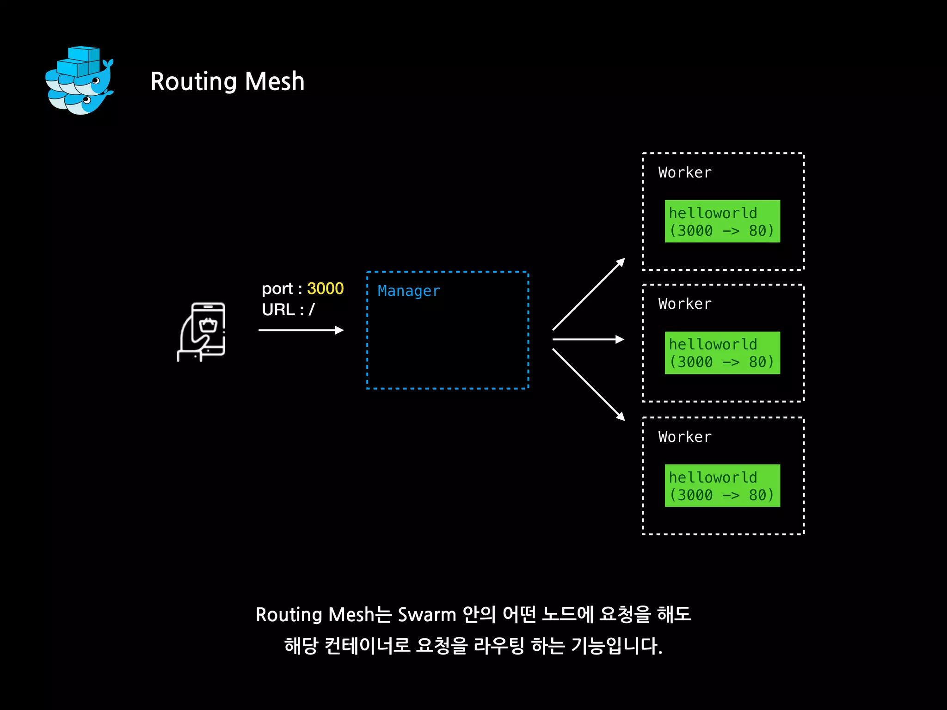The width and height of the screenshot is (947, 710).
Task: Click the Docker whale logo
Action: (80, 80)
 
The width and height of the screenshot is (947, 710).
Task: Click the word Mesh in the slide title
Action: (275, 82)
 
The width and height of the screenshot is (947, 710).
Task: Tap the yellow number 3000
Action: (325, 288)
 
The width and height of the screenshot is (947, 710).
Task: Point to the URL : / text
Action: (288, 310)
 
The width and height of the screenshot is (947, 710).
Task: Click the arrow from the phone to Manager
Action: (301, 330)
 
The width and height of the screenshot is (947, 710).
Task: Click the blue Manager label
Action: (409, 291)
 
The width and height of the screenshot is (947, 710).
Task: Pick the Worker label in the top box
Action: (685, 172)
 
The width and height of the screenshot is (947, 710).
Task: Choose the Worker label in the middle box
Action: (685, 304)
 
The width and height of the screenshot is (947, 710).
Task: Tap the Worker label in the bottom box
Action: (685, 437)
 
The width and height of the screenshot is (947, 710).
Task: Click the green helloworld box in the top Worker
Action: (722, 221)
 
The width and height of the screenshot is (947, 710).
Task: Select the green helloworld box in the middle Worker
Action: (722, 353)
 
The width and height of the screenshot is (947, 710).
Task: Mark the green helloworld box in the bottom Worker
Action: (722, 486)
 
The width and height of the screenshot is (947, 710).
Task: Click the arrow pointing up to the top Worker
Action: (589, 294)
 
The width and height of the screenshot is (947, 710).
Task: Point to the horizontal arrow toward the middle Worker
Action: (588, 339)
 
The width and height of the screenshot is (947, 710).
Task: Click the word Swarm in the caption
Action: (427, 615)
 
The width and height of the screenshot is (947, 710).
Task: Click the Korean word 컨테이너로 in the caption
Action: (367, 646)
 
